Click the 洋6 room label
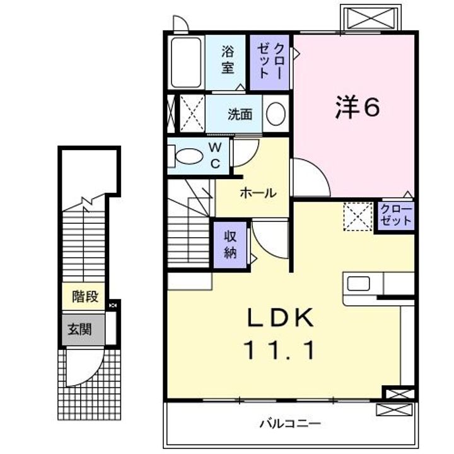tap(357, 108)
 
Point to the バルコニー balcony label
tap(290, 423)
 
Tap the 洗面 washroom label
tap(240, 115)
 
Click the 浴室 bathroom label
tap(228, 61)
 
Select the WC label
tap(215, 156)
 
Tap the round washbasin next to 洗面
tap(275, 114)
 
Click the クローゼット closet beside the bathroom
tap(269, 62)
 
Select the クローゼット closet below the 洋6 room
tap(396, 216)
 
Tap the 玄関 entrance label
tap(80, 329)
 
